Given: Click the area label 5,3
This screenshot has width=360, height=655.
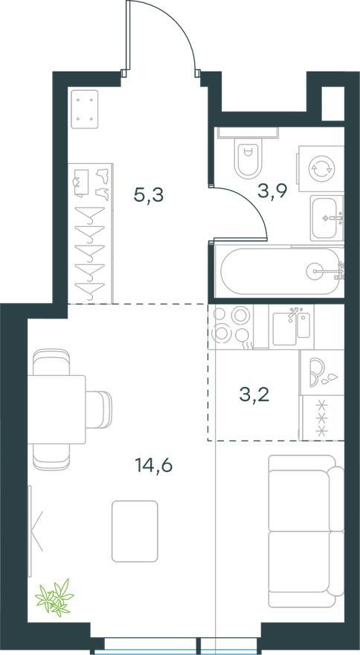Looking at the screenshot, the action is coord(149,195).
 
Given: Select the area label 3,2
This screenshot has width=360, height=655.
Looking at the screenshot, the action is coord(254,394).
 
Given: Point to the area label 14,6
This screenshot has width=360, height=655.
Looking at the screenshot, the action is coord(154,464).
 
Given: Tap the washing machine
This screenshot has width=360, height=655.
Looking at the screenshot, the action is coord(321,168).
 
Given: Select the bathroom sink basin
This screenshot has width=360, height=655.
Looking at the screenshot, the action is coord(327,218).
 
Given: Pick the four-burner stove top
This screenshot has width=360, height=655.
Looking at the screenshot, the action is coord(231,327).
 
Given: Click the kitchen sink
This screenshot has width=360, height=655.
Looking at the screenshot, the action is coord(292,327).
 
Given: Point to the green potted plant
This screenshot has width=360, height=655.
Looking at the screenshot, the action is coord(54,598).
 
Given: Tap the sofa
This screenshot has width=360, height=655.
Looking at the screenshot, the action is coord(306,531).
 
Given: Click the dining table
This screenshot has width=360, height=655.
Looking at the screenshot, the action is coord(57,409).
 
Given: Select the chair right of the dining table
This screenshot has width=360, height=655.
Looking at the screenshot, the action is coord(99,409).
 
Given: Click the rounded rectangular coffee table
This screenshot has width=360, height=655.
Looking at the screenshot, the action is coord(135,531).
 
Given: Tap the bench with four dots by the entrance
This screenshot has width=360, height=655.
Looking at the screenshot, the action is coord(85,109).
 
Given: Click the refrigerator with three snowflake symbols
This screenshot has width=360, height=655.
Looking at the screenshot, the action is coord(322,418).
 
